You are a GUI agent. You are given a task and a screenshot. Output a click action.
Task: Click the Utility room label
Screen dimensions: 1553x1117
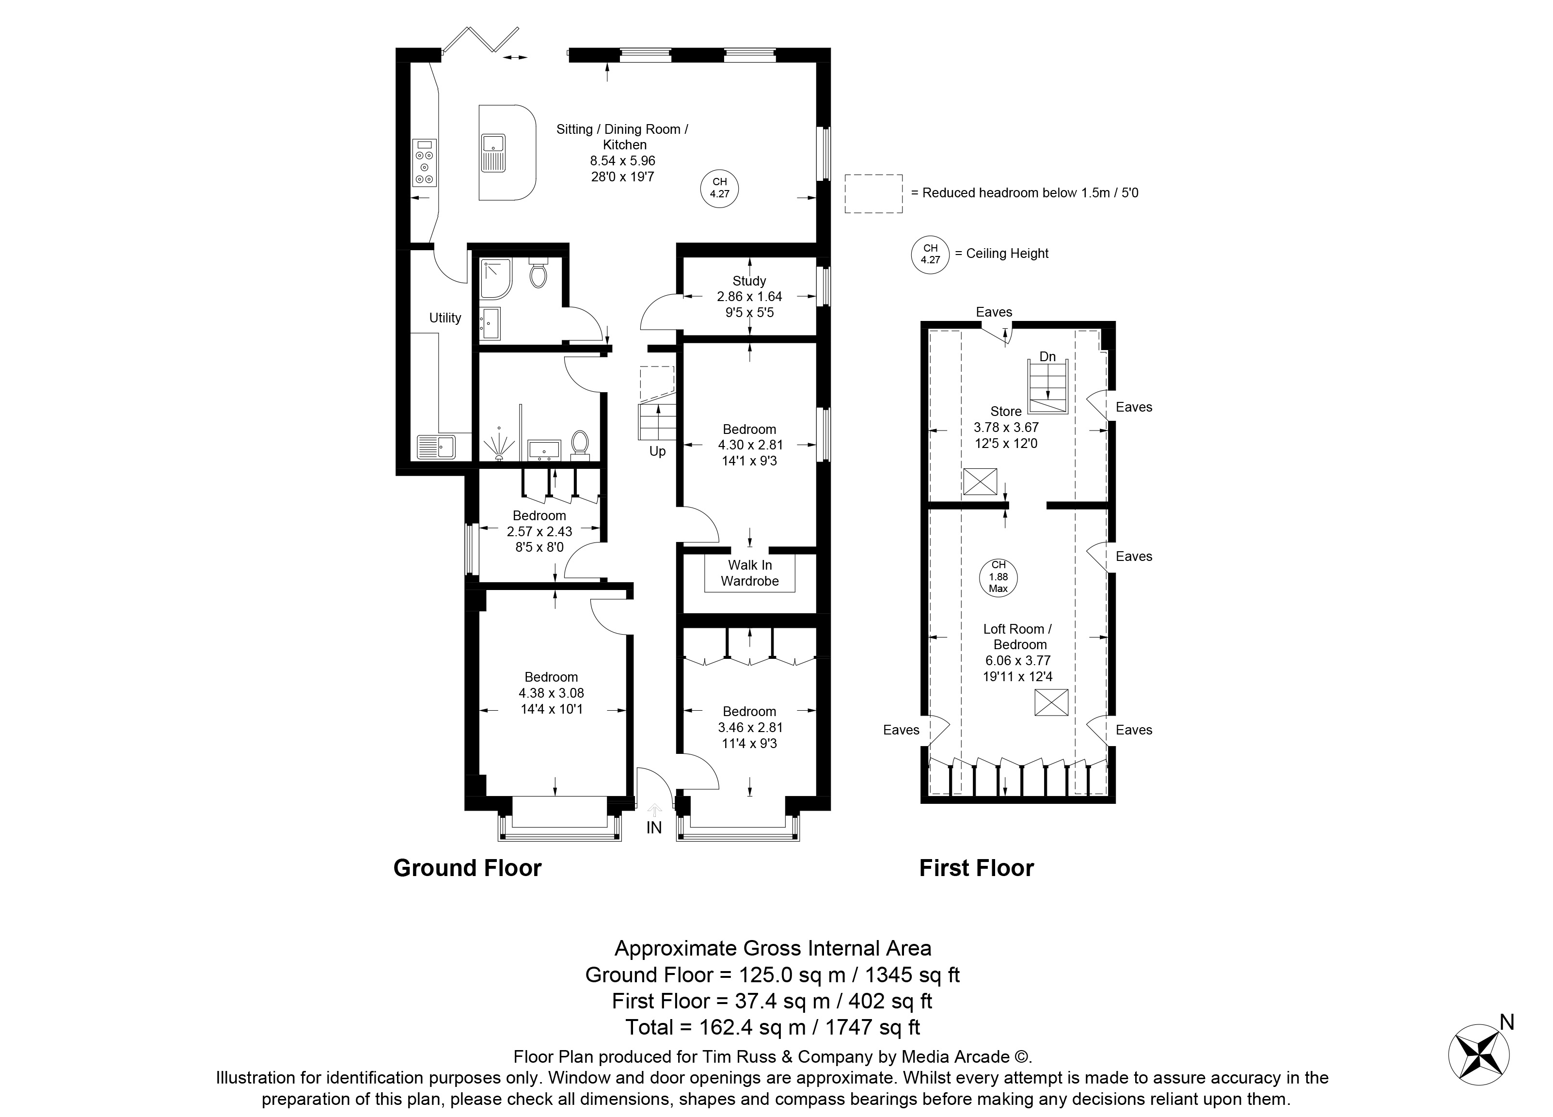pyautogui.click(x=445, y=318)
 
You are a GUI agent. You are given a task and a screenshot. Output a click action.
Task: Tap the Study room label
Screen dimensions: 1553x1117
pyautogui.click(x=749, y=281)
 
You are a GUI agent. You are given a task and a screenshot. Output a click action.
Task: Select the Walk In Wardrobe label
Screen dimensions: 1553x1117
pyautogui.click(x=750, y=573)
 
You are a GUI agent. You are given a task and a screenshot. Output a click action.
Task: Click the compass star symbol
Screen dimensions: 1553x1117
pyautogui.click(x=1479, y=1066)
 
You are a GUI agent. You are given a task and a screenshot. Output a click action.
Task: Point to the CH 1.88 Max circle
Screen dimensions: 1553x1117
pyautogui.click(x=998, y=577)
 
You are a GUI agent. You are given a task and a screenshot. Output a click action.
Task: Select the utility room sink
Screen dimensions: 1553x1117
pyautogui.click(x=437, y=447)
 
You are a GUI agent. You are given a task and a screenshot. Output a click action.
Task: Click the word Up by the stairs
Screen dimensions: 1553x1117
pyautogui.click(x=657, y=452)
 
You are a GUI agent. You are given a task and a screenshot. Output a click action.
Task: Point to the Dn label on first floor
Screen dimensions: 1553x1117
pyautogui.click(x=1047, y=357)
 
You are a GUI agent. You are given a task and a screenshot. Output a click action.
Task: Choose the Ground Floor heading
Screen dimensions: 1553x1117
pyautogui.click(x=468, y=868)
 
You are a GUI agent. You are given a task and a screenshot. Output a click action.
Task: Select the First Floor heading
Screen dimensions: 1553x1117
pyautogui.click(x=977, y=868)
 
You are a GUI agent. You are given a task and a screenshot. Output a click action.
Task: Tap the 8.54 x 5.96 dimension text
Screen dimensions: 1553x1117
pyautogui.click(x=623, y=161)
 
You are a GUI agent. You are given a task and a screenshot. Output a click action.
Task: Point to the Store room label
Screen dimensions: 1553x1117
pyautogui.click(x=1006, y=412)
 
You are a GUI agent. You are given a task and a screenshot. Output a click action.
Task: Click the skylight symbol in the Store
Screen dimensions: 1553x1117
pyautogui.click(x=980, y=481)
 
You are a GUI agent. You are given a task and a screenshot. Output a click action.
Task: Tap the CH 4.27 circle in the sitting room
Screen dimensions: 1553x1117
pyautogui.click(x=720, y=188)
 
